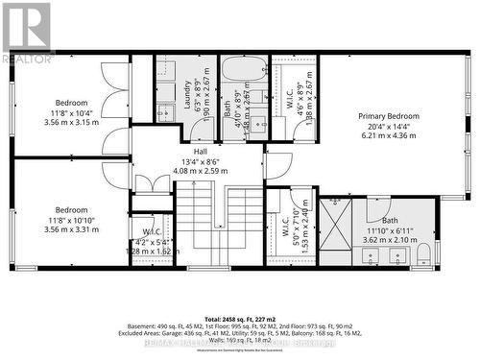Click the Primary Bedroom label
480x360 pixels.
point(389,116)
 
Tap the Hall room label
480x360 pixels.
point(200,152)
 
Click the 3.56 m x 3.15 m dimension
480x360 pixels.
point(71,123)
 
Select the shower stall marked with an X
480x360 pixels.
point(336,229)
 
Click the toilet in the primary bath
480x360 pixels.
point(422,253)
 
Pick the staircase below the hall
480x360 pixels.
point(219,226)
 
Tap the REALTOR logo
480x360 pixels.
point(26,33)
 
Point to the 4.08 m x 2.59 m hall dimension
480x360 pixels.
point(200,171)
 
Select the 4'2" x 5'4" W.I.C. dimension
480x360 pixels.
point(156,241)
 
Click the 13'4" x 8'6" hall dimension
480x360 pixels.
point(200,161)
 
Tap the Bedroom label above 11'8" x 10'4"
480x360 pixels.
point(71,103)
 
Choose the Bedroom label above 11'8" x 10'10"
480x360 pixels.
point(71,209)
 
